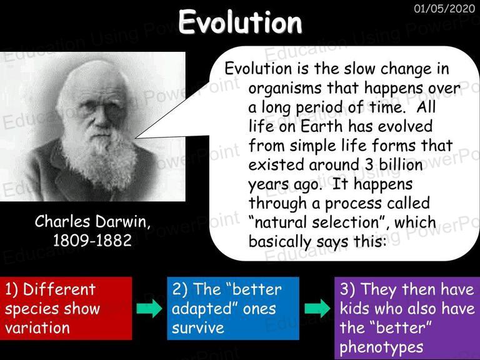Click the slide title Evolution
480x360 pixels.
click(x=240, y=22)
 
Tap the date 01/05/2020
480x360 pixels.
click(x=444, y=8)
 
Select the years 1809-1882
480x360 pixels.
click(x=92, y=240)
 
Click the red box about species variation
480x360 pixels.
click(x=66, y=308)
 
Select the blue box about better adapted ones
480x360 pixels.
click(x=233, y=308)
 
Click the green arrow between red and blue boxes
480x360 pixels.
click(x=149, y=308)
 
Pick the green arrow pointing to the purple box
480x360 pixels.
click(x=317, y=308)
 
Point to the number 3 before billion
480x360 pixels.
click(x=369, y=165)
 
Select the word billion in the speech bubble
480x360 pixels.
click(x=401, y=165)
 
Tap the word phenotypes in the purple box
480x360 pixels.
click(x=381, y=347)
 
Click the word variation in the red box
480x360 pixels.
click(x=37, y=327)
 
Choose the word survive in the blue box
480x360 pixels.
click(x=197, y=328)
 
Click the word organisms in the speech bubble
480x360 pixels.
click(x=285, y=89)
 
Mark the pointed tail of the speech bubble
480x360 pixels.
click(x=136, y=138)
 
